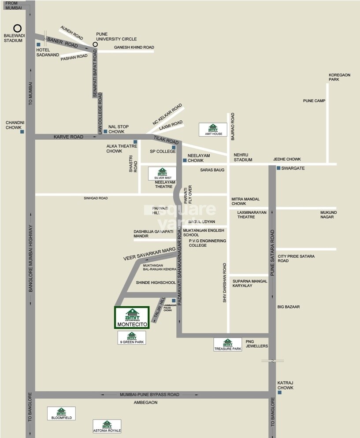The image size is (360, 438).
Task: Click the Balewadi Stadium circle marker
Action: pyautogui.click(x=17, y=28)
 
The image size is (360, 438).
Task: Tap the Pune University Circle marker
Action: pyautogui.click(x=95, y=45)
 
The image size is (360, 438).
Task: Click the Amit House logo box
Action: pyautogui.click(x=213, y=129)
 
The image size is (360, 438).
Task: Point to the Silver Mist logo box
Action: pyautogui.click(x=162, y=174)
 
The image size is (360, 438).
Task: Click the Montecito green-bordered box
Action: pyautogui.click(x=132, y=317)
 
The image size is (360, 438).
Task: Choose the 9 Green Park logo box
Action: pyautogui.click(x=132, y=338)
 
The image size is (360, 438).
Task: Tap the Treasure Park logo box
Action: pyautogui.click(x=228, y=344)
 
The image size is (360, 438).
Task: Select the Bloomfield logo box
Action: pyautogui.click(x=61, y=413)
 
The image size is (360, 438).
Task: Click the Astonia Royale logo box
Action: pyautogui.click(x=107, y=426)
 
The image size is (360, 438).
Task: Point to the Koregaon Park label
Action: pyautogui.click(x=339, y=77)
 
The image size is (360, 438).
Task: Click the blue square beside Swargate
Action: pyautogui.click(x=278, y=168)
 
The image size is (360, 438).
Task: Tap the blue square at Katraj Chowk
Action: pyautogui.click(x=279, y=392)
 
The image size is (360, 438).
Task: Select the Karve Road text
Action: pyautogui.click(x=68, y=137)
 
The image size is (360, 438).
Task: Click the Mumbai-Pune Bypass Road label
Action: pyautogui.click(x=149, y=394)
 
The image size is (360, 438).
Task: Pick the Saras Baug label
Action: pyautogui.click(x=212, y=170)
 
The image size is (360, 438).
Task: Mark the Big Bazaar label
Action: pyautogui.click(x=289, y=307)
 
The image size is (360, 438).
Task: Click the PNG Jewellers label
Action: pyautogui.click(x=257, y=343)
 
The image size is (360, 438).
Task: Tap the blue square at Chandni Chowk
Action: pyautogui.click(x=22, y=132)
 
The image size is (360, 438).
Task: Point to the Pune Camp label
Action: pyautogui.click(x=314, y=101)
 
